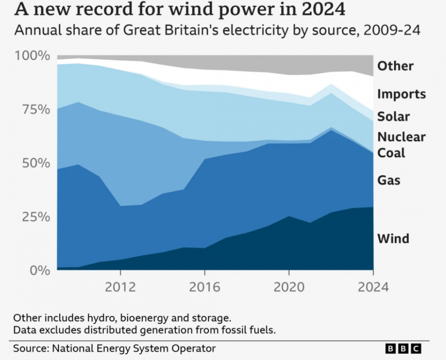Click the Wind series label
[393, 238]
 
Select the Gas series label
[389, 180]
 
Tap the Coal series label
[391, 153]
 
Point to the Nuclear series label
[401, 137]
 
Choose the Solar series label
[393, 117]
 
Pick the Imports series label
[401, 94]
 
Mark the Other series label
[395, 66]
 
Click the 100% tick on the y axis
[32, 56]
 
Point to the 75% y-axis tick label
[35, 110]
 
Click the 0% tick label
[38, 270]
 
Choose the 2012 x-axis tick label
[120, 286]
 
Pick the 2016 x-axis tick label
[205, 286]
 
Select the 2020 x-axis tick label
[289, 286]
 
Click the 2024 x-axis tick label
[373, 286]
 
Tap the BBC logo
[403, 348]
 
